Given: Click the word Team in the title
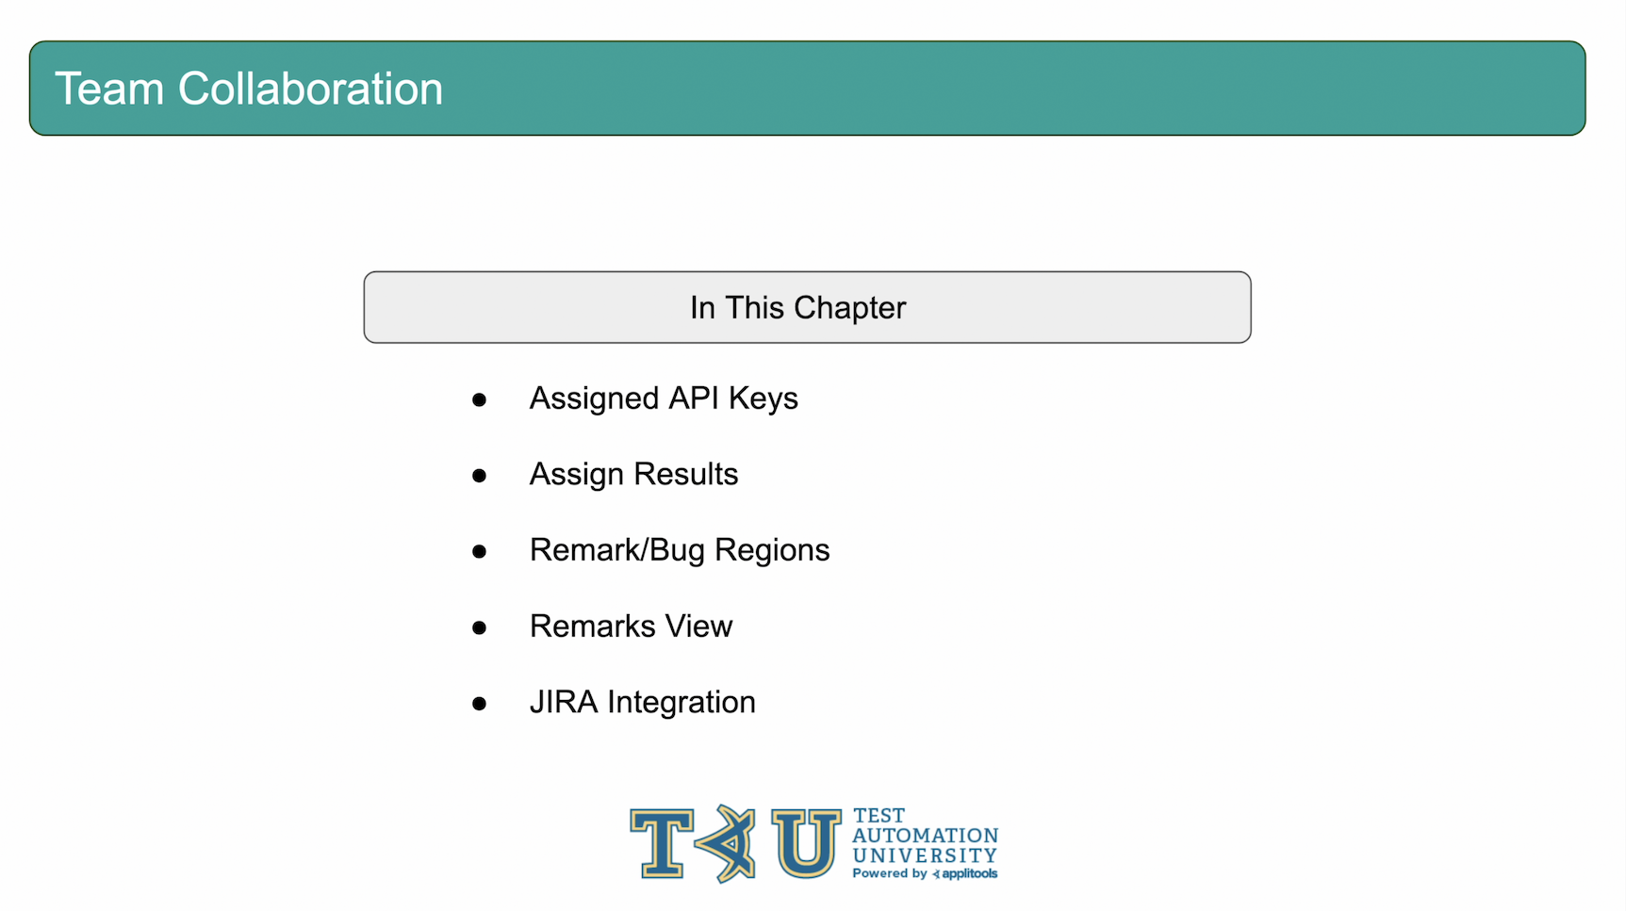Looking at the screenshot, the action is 110,89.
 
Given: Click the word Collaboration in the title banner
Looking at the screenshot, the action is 310,89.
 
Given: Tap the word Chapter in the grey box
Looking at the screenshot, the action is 849,308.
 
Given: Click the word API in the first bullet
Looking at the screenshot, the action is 694,399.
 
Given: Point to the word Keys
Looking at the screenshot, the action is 764,399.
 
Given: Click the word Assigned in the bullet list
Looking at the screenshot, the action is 594,399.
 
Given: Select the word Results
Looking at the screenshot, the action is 686,474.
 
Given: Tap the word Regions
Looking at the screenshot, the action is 772,551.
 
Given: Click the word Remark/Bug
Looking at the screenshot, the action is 617,551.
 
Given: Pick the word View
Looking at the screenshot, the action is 698,626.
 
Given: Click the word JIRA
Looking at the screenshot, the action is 564,702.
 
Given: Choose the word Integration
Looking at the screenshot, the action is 682,703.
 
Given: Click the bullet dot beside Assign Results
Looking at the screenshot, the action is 479,476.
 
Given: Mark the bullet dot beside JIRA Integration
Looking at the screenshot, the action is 479,704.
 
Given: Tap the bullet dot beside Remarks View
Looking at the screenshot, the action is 479,627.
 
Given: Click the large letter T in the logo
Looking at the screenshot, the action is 663,843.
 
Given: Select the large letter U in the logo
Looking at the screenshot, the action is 806,843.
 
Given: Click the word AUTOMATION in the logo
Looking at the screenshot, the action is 926,836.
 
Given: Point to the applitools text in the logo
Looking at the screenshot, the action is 970,874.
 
